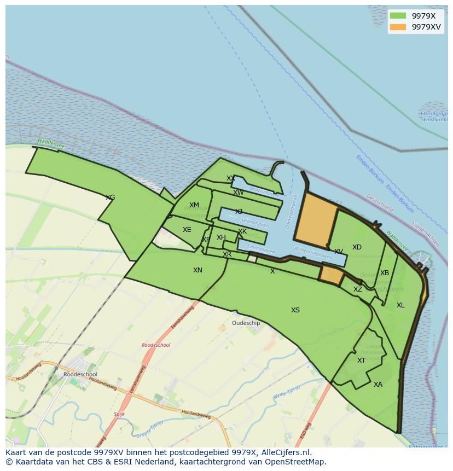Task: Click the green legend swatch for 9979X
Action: pyautogui.click(x=398, y=16)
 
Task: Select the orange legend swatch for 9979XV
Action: pyautogui.click(x=398, y=27)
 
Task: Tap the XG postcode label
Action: pyautogui.click(x=110, y=197)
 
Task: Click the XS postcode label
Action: pyautogui.click(x=295, y=310)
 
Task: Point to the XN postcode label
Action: pyautogui.click(x=198, y=270)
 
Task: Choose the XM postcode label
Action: pyautogui.click(x=194, y=206)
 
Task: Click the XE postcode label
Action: pyautogui.click(x=187, y=230)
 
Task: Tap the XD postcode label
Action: pyautogui.click(x=357, y=247)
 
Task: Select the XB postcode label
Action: pyautogui.click(x=385, y=273)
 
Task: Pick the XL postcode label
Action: pyautogui.click(x=400, y=305)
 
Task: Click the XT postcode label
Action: pyautogui.click(x=361, y=360)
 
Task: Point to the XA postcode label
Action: pyautogui.click(x=378, y=385)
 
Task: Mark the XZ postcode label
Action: pyautogui.click(x=358, y=289)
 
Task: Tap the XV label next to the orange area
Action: pyautogui.click(x=339, y=252)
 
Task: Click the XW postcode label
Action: pyautogui.click(x=239, y=193)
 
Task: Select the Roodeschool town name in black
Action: pyautogui.click(x=80, y=375)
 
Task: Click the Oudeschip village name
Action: pyautogui.click(x=246, y=323)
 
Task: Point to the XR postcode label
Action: pyautogui.click(x=227, y=254)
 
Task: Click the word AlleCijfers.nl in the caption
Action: pyautogui.click(x=286, y=452)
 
